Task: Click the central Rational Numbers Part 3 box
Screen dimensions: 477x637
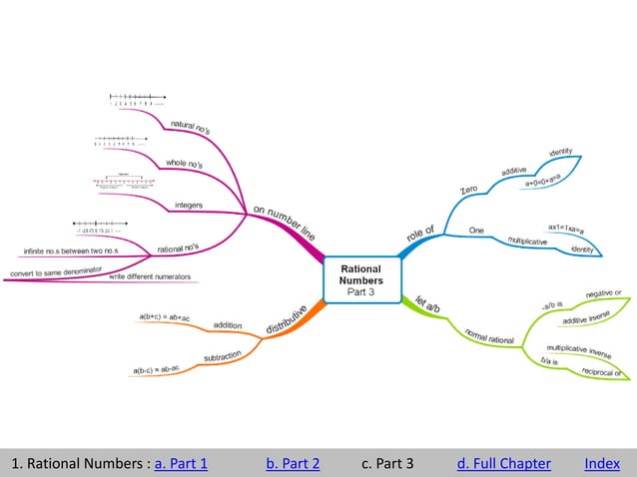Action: click(x=361, y=279)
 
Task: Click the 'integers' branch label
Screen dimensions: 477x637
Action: click(x=189, y=206)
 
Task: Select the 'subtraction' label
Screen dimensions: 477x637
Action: click(x=222, y=356)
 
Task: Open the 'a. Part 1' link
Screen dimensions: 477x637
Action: click(x=182, y=463)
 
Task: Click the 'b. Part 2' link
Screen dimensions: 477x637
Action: click(x=293, y=463)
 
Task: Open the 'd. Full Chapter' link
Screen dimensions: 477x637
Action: click(x=503, y=463)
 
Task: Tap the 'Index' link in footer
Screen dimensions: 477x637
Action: click(x=602, y=463)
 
